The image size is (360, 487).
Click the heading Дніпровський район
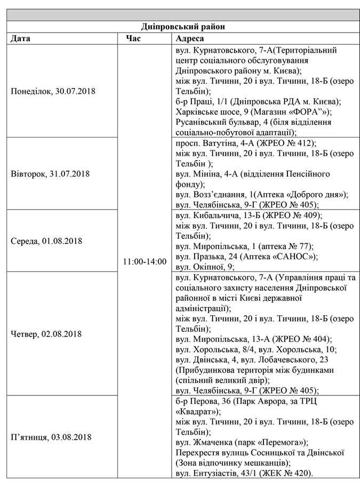coord(180,26)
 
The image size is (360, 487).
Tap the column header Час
coord(133,38)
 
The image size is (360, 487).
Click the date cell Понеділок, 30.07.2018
coord(53,91)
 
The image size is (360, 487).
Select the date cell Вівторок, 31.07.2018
coord(50,173)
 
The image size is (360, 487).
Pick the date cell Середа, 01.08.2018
coord(46,241)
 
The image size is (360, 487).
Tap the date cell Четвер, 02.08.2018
coord(46,334)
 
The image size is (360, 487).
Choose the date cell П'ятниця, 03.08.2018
coord(51,437)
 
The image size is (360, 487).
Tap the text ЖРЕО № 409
coord(293,215)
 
